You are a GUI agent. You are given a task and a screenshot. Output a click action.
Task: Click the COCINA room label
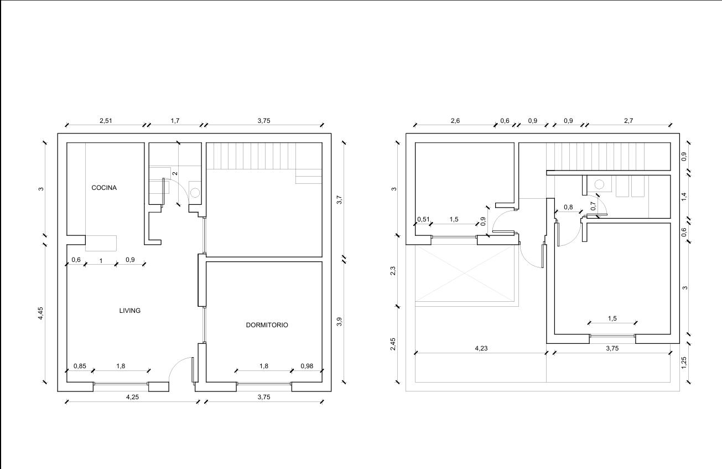pos(104,188)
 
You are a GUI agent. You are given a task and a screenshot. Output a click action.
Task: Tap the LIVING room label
pos(130,311)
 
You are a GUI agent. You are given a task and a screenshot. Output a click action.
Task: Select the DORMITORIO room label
pos(267,325)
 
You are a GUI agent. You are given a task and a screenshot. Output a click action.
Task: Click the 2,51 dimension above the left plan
pos(106,121)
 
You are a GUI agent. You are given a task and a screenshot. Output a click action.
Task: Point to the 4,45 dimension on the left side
pos(40,313)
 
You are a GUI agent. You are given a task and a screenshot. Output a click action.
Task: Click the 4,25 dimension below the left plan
pos(132,397)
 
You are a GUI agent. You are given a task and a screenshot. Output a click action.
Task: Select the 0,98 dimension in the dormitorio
pos(307,366)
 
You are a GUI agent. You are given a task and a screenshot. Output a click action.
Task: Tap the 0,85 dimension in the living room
pos(80,366)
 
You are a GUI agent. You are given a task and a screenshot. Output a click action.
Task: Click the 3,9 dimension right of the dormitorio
pos(339,322)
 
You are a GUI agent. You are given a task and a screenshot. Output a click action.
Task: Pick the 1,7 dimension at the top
pos(175,121)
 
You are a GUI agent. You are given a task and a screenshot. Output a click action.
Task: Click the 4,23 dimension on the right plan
pos(481,348)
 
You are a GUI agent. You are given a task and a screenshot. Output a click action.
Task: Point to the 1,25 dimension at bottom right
pos(684,363)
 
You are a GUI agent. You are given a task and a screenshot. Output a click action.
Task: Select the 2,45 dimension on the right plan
pos(393,344)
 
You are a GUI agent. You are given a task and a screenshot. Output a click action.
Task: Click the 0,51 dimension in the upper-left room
pos(423,219)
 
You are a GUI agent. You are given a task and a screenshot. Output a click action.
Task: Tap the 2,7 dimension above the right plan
pos(628,121)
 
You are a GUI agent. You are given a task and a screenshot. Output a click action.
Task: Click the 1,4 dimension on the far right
pos(684,197)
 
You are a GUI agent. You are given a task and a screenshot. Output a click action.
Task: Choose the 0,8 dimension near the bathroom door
pos(568,207)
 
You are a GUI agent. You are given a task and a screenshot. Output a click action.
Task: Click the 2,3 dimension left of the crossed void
pos(393,271)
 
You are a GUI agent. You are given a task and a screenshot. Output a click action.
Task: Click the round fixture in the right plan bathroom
pos(599,184)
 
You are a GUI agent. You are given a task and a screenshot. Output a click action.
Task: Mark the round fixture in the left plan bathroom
pos(195,193)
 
